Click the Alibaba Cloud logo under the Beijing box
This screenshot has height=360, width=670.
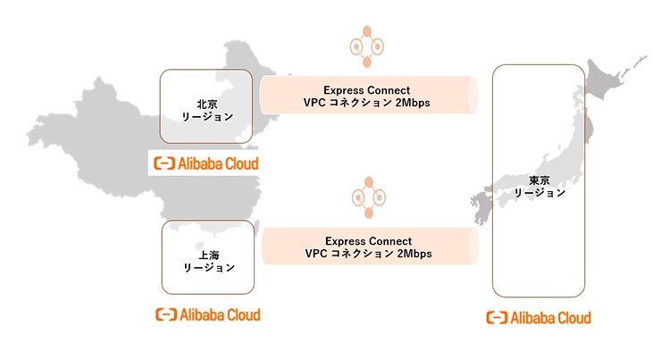205,163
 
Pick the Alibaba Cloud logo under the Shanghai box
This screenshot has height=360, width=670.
207,314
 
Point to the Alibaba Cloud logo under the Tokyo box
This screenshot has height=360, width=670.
538,317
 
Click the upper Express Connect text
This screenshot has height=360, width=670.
368,89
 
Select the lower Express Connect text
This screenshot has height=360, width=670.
368,240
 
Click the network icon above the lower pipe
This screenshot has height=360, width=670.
367,197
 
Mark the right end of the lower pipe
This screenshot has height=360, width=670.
471,247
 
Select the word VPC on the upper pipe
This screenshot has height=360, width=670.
315,103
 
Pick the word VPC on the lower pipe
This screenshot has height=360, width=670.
316,254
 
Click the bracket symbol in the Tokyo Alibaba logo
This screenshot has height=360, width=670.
495,317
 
